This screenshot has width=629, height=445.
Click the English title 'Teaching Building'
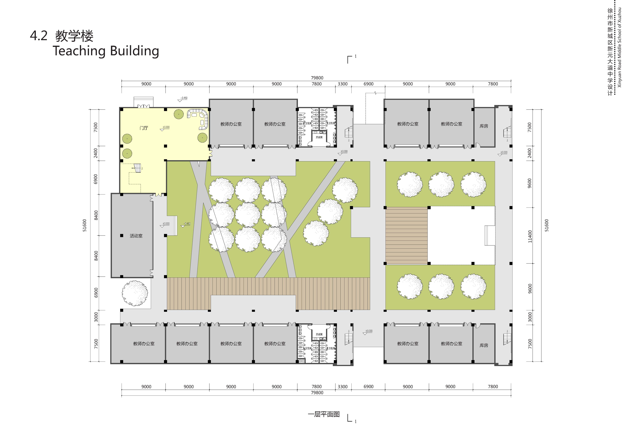click(106, 51)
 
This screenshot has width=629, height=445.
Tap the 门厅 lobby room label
click(144, 128)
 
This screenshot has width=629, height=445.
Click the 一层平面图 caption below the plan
click(324, 414)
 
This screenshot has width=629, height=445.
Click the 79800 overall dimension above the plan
click(317, 78)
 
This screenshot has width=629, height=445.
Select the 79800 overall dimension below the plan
click(317, 393)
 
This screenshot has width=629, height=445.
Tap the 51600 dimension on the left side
click(85, 225)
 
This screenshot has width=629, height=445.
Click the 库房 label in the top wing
click(484, 126)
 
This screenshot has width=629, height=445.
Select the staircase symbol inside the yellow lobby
click(138, 168)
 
